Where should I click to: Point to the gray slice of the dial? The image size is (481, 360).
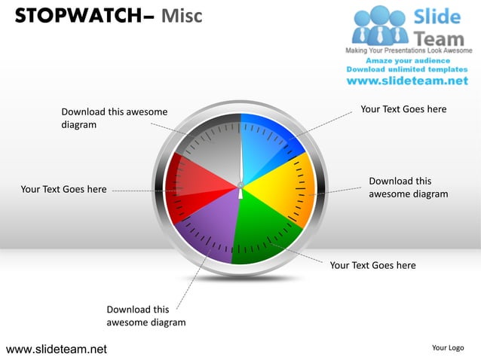tap(211, 147)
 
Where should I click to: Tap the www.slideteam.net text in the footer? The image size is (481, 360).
tap(57, 349)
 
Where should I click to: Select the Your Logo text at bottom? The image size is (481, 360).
tap(448, 347)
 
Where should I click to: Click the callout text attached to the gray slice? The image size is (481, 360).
tap(114, 118)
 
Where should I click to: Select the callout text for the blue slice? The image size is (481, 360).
tap(403, 109)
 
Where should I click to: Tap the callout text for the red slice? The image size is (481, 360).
tap(63, 189)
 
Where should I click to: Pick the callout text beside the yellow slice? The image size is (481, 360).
tap(408, 188)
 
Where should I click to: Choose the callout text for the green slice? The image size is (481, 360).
tap(372, 265)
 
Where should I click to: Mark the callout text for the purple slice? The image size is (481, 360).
tap(146, 316)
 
